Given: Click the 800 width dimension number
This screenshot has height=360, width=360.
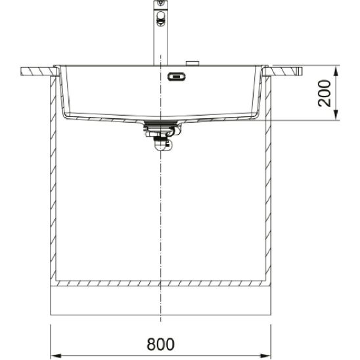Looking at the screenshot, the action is pyautogui.click(x=160, y=344).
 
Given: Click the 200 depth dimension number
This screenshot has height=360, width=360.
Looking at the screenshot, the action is pyautogui.click(x=325, y=93).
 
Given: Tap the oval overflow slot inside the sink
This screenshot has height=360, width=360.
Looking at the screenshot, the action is pyautogui.click(x=176, y=77).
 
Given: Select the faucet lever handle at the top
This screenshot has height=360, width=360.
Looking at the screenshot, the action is pyautogui.click(x=161, y=18).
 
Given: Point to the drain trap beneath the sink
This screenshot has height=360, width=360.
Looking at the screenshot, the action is pyautogui.click(x=162, y=137).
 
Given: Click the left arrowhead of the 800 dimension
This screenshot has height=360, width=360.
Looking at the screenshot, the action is pyautogui.click(x=56, y=356).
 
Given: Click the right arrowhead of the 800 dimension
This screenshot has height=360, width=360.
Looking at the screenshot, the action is pyautogui.click(x=265, y=356).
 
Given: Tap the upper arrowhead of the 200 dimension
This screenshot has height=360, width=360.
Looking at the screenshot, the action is pyautogui.click(x=336, y=72).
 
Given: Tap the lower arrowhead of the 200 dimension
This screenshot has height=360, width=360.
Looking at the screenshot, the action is pyautogui.click(x=336, y=114).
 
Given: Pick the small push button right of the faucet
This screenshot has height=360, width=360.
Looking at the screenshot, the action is pyautogui.click(x=192, y=63).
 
